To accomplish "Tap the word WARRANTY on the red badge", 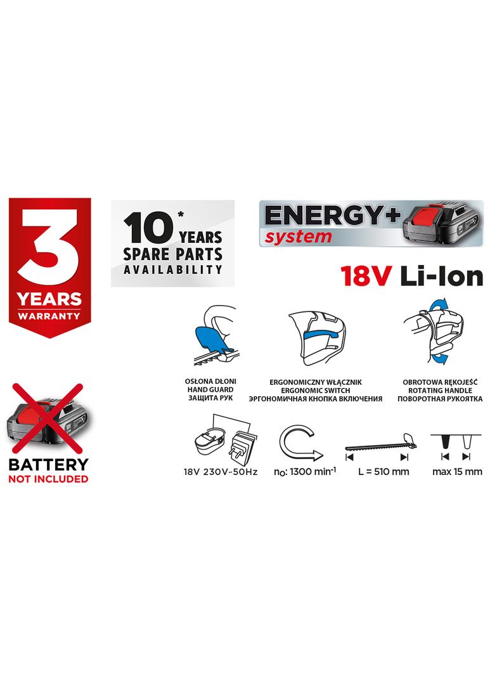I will [49, 315].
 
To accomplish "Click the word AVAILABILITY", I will [172, 270].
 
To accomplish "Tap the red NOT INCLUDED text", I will [48, 479].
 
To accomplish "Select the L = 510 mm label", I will [383, 471].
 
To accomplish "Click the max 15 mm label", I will [456, 471].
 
